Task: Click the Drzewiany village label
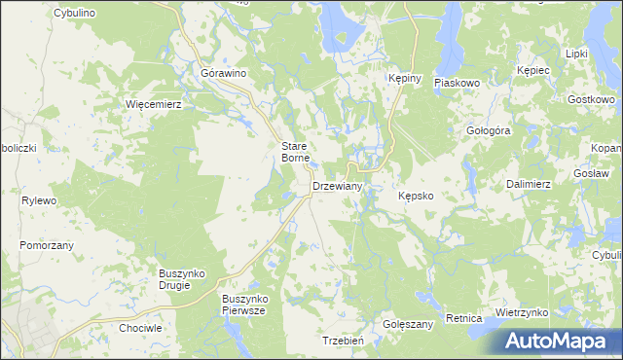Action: coord(337,186)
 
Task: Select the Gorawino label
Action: coord(223,73)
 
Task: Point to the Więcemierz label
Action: coord(155,103)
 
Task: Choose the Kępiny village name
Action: coord(403,80)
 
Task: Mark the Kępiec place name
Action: coord(534,71)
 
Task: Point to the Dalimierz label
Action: coord(529,183)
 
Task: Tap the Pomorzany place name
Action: coord(47,246)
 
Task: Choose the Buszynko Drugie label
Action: coord(181,279)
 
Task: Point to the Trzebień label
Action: coord(343,341)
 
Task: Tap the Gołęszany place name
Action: coord(408,324)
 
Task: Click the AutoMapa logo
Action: coord(559,341)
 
